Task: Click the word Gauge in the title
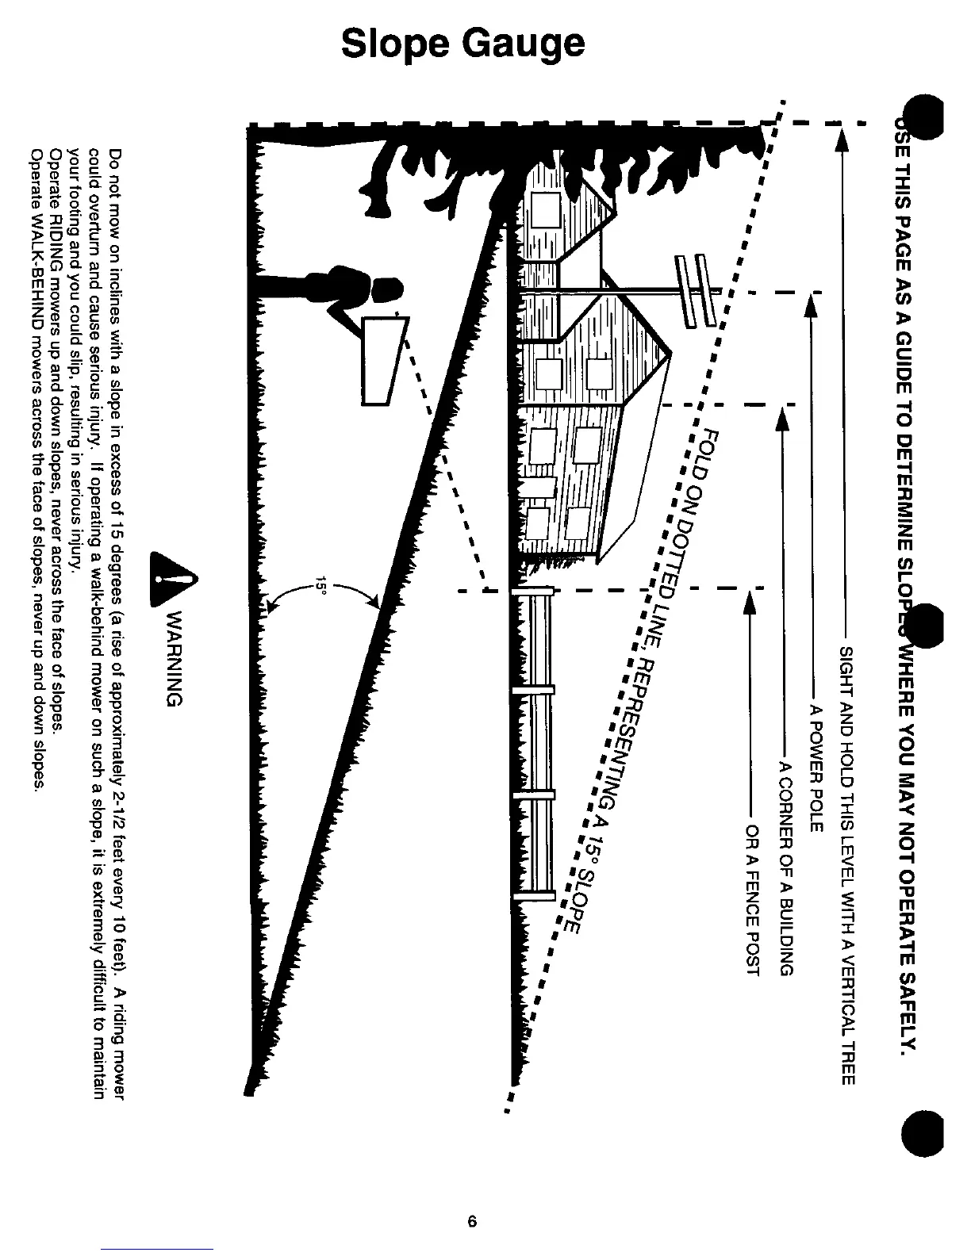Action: (524, 44)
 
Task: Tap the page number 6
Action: (472, 1221)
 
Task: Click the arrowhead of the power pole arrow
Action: (811, 306)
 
